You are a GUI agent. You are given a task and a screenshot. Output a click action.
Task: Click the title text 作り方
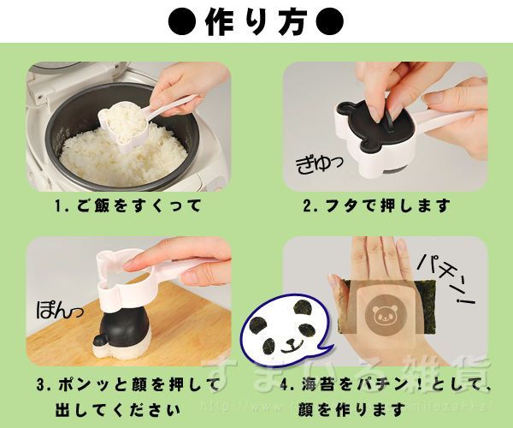pyautogui.click(x=256, y=21)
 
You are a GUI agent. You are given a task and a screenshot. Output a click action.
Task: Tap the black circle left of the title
pyautogui.click(x=181, y=21)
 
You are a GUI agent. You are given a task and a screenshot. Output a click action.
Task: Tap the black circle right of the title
pyautogui.click(x=331, y=21)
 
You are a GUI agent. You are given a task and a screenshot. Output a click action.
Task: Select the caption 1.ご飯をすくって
pyautogui.click(x=128, y=205)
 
